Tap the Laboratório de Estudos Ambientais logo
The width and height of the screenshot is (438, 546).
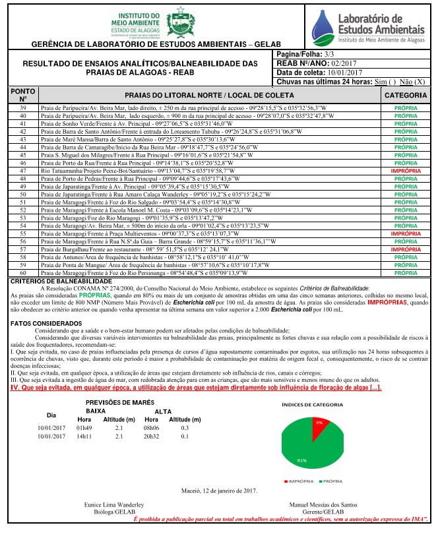click(368, 26)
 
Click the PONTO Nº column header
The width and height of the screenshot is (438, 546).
click(23, 96)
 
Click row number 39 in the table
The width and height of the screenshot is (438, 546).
click(23, 107)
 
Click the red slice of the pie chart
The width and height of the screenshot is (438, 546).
click(320, 423)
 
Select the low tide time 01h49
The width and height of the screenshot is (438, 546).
click(84, 427)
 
